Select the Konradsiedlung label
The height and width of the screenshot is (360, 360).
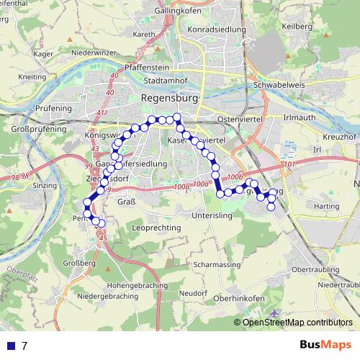(217, 30)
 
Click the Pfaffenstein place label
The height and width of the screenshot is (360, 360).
(143, 66)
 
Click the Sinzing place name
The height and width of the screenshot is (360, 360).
(45, 185)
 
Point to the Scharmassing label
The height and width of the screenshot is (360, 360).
(218, 264)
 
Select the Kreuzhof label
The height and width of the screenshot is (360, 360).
(341, 136)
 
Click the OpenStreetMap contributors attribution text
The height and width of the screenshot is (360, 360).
(297, 323)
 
